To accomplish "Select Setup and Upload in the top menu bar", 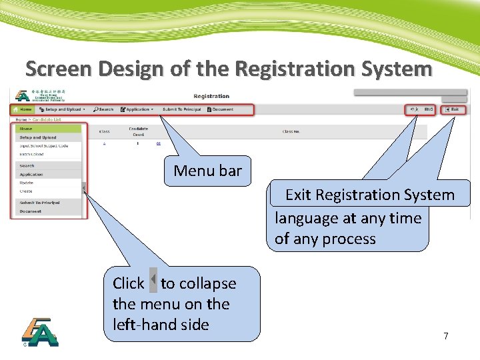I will click(x=63, y=109).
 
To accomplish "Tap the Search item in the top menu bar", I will click(x=105, y=109).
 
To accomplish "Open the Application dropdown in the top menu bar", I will click(x=138, y=109).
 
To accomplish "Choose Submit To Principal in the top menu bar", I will click(x=181, y=109).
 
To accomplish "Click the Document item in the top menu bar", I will click(x=222, y=109).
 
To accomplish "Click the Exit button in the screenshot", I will click(x=453, y=109).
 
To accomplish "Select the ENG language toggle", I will click(x=429, y=109).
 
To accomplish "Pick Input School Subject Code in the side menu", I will click(x=44, y=145).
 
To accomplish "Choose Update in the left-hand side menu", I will click(x=27, y=183).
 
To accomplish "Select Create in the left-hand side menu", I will click(x=26, y=191).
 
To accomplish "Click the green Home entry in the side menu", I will click(x=26, y=129).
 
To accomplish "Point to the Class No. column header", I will click(x=291, y=131).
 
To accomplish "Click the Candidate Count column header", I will click(x=138, y=131).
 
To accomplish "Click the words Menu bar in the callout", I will click(x=207, y=171).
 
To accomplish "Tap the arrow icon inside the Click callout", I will click(x=153, y=279).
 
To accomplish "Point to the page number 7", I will click(x=446, y=336).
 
